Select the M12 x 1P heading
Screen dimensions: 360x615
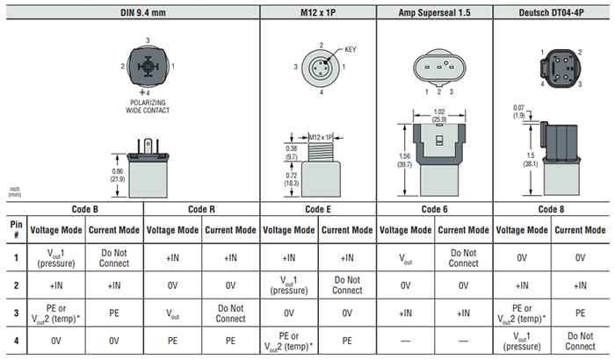point(317,11)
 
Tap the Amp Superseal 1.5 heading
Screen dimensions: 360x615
point(434,11)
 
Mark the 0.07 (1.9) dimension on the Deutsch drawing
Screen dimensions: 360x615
point(519,112)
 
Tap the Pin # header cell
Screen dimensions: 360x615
point(16,229)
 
